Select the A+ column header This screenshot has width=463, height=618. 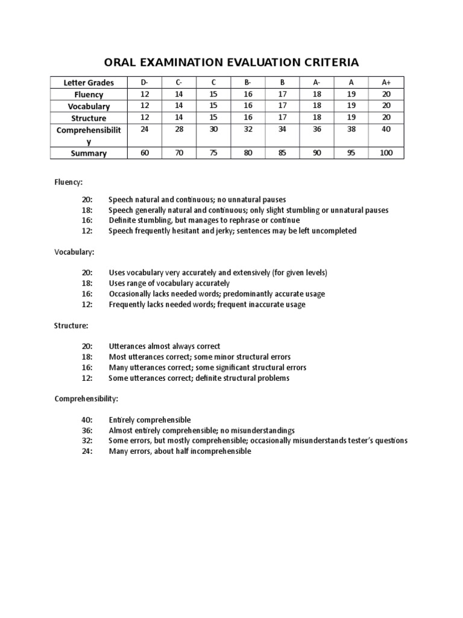[x=386, y=82]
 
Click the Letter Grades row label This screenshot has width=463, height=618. [x=89, y=83]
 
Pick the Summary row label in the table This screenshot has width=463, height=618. [x=89, y=153]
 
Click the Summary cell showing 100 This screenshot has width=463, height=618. [x=386, y=153]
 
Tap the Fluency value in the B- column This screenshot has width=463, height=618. [x=247, y=94]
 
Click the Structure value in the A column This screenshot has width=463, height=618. [x=351, y=118]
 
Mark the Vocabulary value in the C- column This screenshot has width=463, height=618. [x=178, y=106]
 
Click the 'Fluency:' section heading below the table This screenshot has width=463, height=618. [x=69, y=180]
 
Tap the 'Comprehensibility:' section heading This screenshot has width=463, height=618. [x=86, y=399]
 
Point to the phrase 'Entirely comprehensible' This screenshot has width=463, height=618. [x=150, y=419]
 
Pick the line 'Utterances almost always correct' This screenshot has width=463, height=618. [x=165, y=346]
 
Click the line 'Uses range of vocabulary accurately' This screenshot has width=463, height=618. [x=169, y=283]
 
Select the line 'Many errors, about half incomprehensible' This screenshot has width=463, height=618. [x=180, y=451]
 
